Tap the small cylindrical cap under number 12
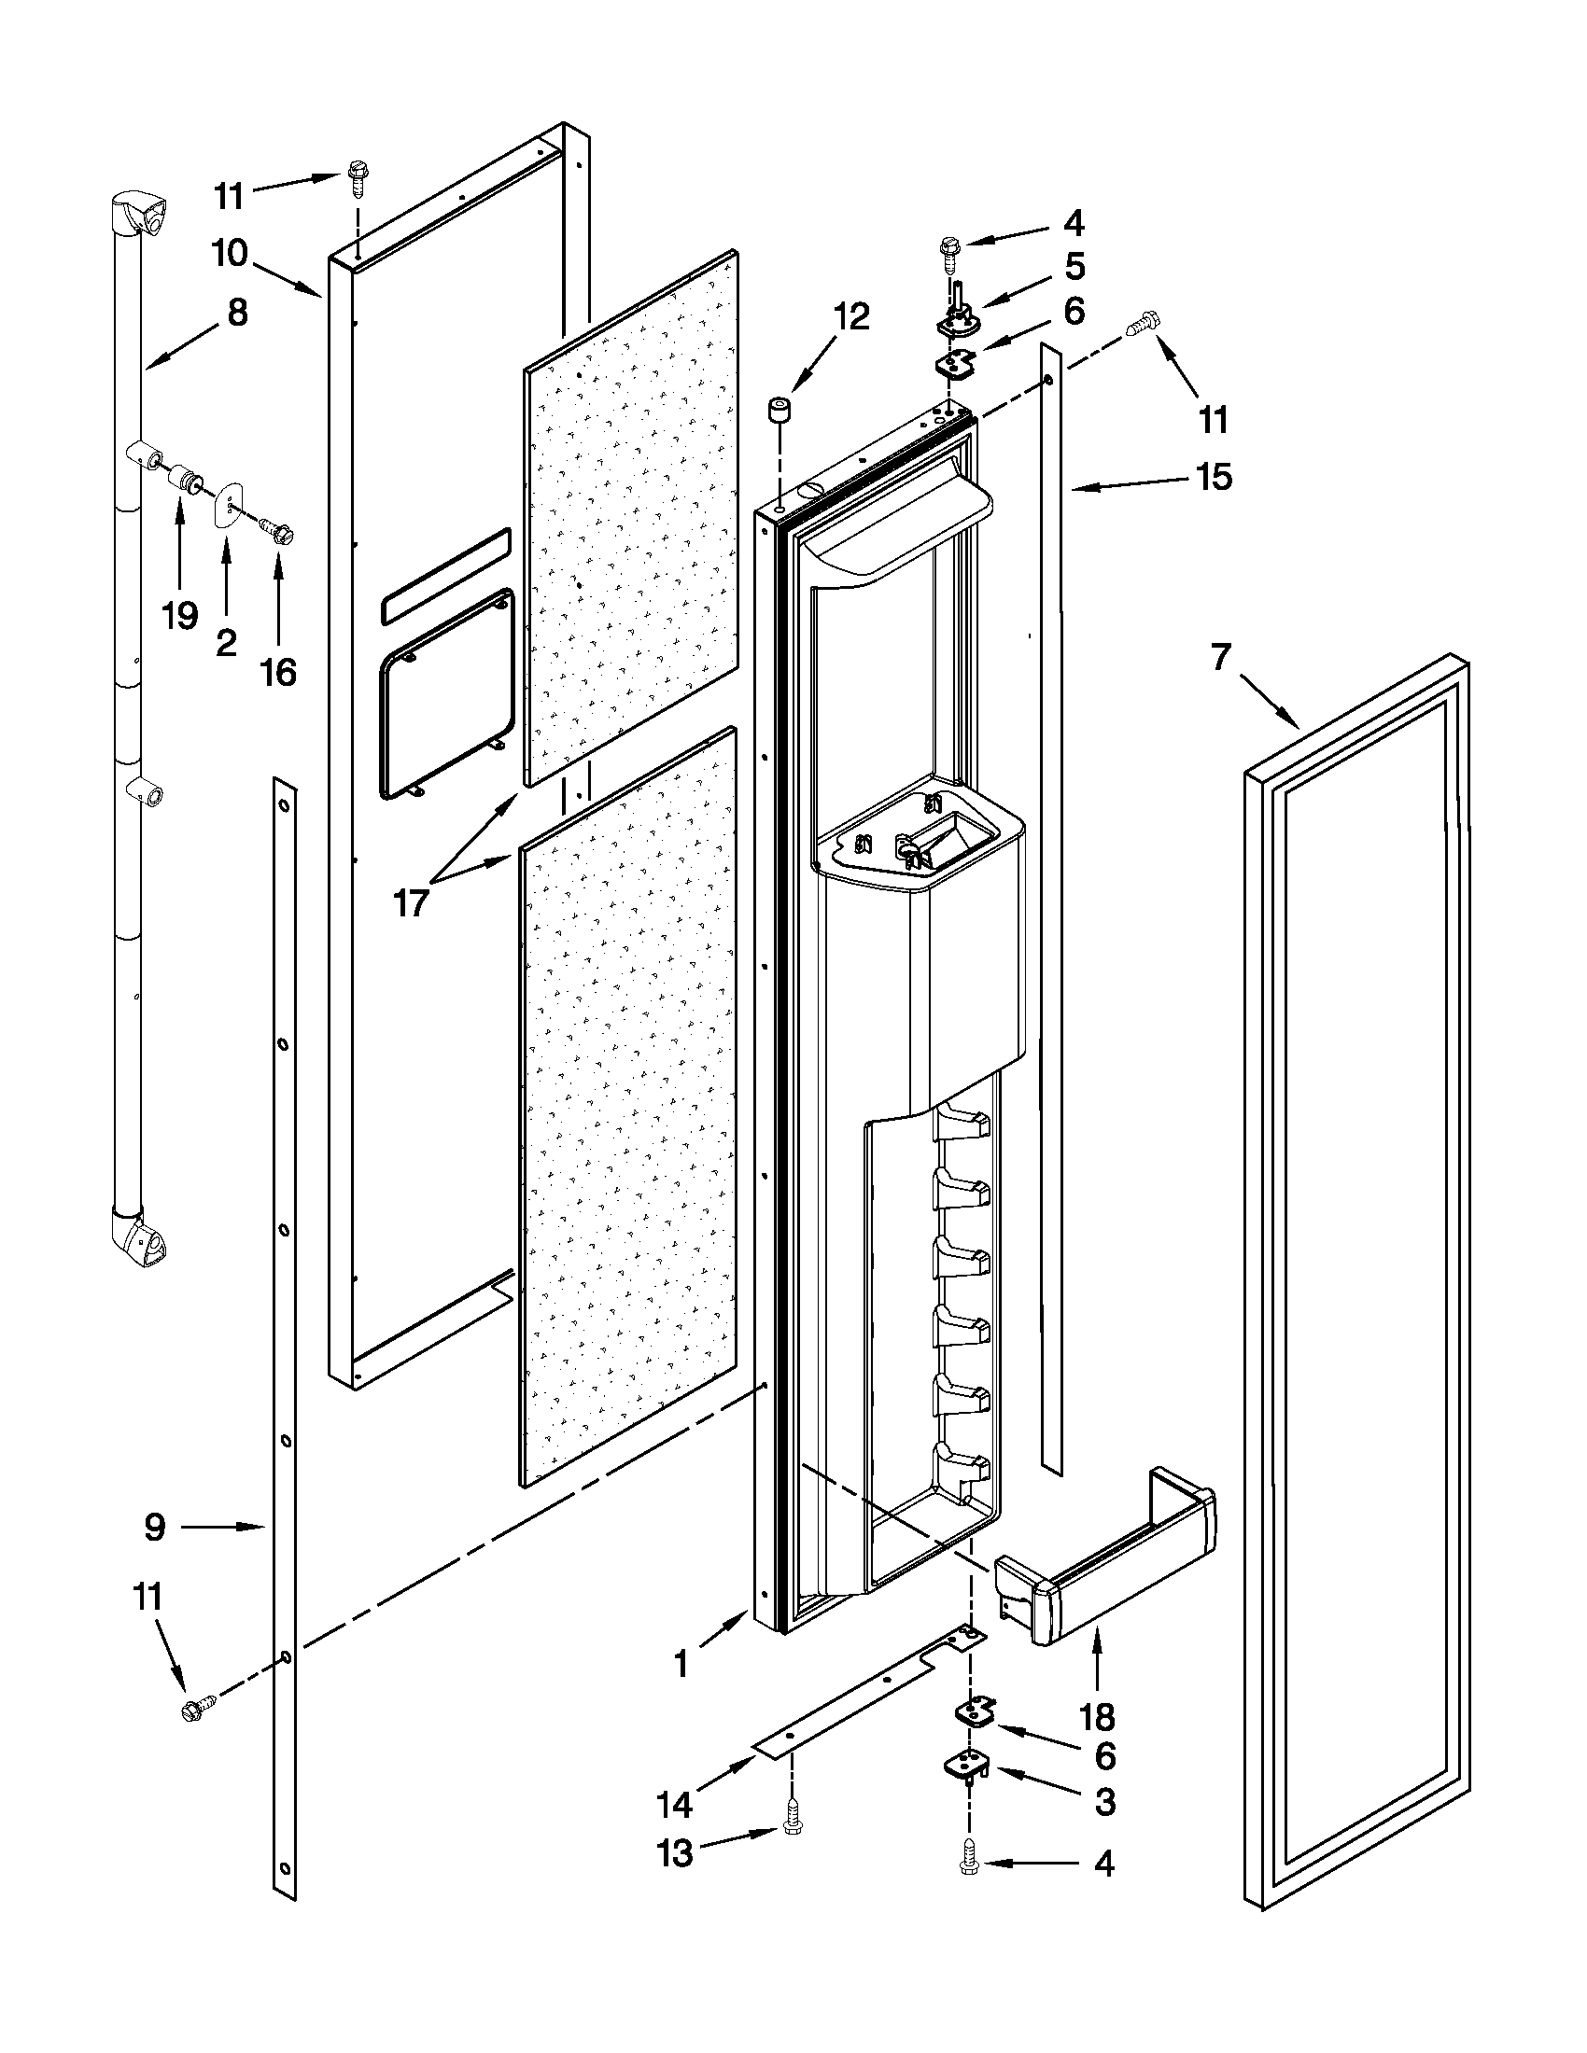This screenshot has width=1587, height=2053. point(778,411)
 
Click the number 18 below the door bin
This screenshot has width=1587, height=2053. point(1096,1717)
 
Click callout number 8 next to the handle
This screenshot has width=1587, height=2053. point(237,312)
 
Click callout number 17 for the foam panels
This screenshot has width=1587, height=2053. point(411,902)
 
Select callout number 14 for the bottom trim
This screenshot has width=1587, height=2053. point(674,1804)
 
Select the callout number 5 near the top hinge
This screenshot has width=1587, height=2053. point(1074,267)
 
